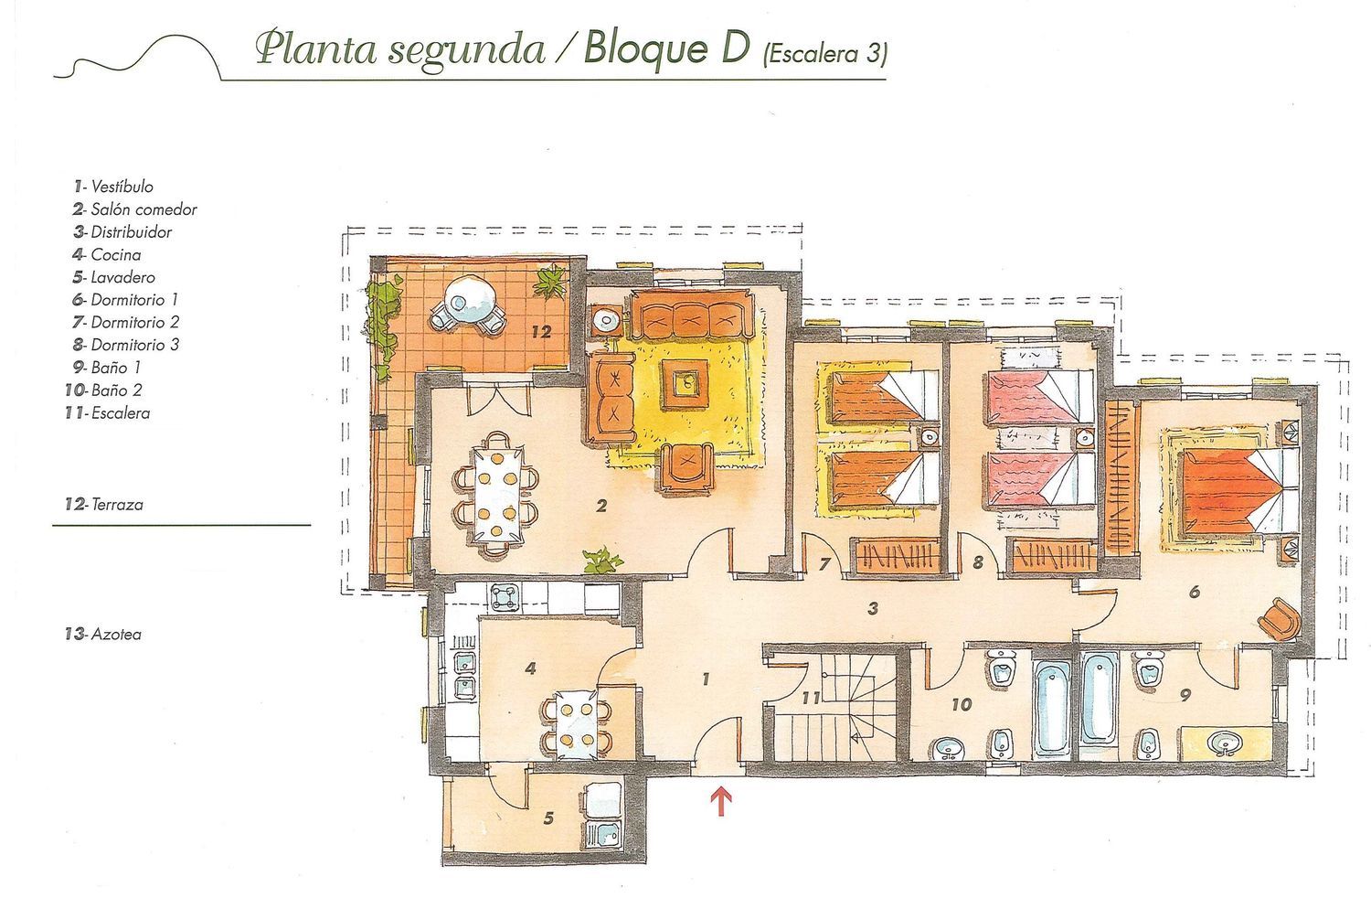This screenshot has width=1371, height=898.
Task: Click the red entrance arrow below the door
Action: [722, 802]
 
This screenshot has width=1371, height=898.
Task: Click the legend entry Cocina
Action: [107, 254]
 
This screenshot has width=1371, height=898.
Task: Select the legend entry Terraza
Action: [104, 504]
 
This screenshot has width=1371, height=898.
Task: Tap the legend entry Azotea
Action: [102, 634]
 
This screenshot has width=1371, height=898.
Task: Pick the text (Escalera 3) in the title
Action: [824, 55]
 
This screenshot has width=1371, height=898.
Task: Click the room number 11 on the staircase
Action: [811, 698]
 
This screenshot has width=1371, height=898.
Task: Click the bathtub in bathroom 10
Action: [1053, 711]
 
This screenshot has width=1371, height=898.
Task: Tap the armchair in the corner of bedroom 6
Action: [1278, 618]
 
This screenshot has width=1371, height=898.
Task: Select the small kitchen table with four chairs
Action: [577, 723]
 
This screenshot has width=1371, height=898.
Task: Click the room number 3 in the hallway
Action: [874, 608]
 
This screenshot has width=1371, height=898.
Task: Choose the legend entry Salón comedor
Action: [134, 208]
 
